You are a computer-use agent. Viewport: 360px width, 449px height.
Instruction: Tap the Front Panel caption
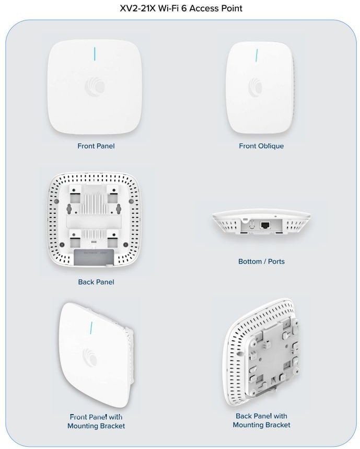pos(96,146)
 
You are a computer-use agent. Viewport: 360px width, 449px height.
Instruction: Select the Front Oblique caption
pos(261,146)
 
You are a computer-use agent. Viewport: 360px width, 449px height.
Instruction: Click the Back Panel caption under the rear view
pos(96,282)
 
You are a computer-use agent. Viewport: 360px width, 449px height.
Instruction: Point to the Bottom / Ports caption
pos(261,261)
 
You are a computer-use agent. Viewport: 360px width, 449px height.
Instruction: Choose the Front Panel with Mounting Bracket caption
pos(96,421)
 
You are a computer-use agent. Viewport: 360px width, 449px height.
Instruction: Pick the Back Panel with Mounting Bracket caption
pos(261,420)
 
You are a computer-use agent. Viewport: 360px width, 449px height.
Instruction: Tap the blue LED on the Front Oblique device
pos(257,55)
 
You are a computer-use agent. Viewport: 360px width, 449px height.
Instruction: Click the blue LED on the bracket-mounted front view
pos(92,328)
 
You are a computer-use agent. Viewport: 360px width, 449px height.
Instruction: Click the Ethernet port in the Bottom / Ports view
pos(265,225)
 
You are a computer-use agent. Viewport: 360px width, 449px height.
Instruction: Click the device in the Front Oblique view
pos(259,89)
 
